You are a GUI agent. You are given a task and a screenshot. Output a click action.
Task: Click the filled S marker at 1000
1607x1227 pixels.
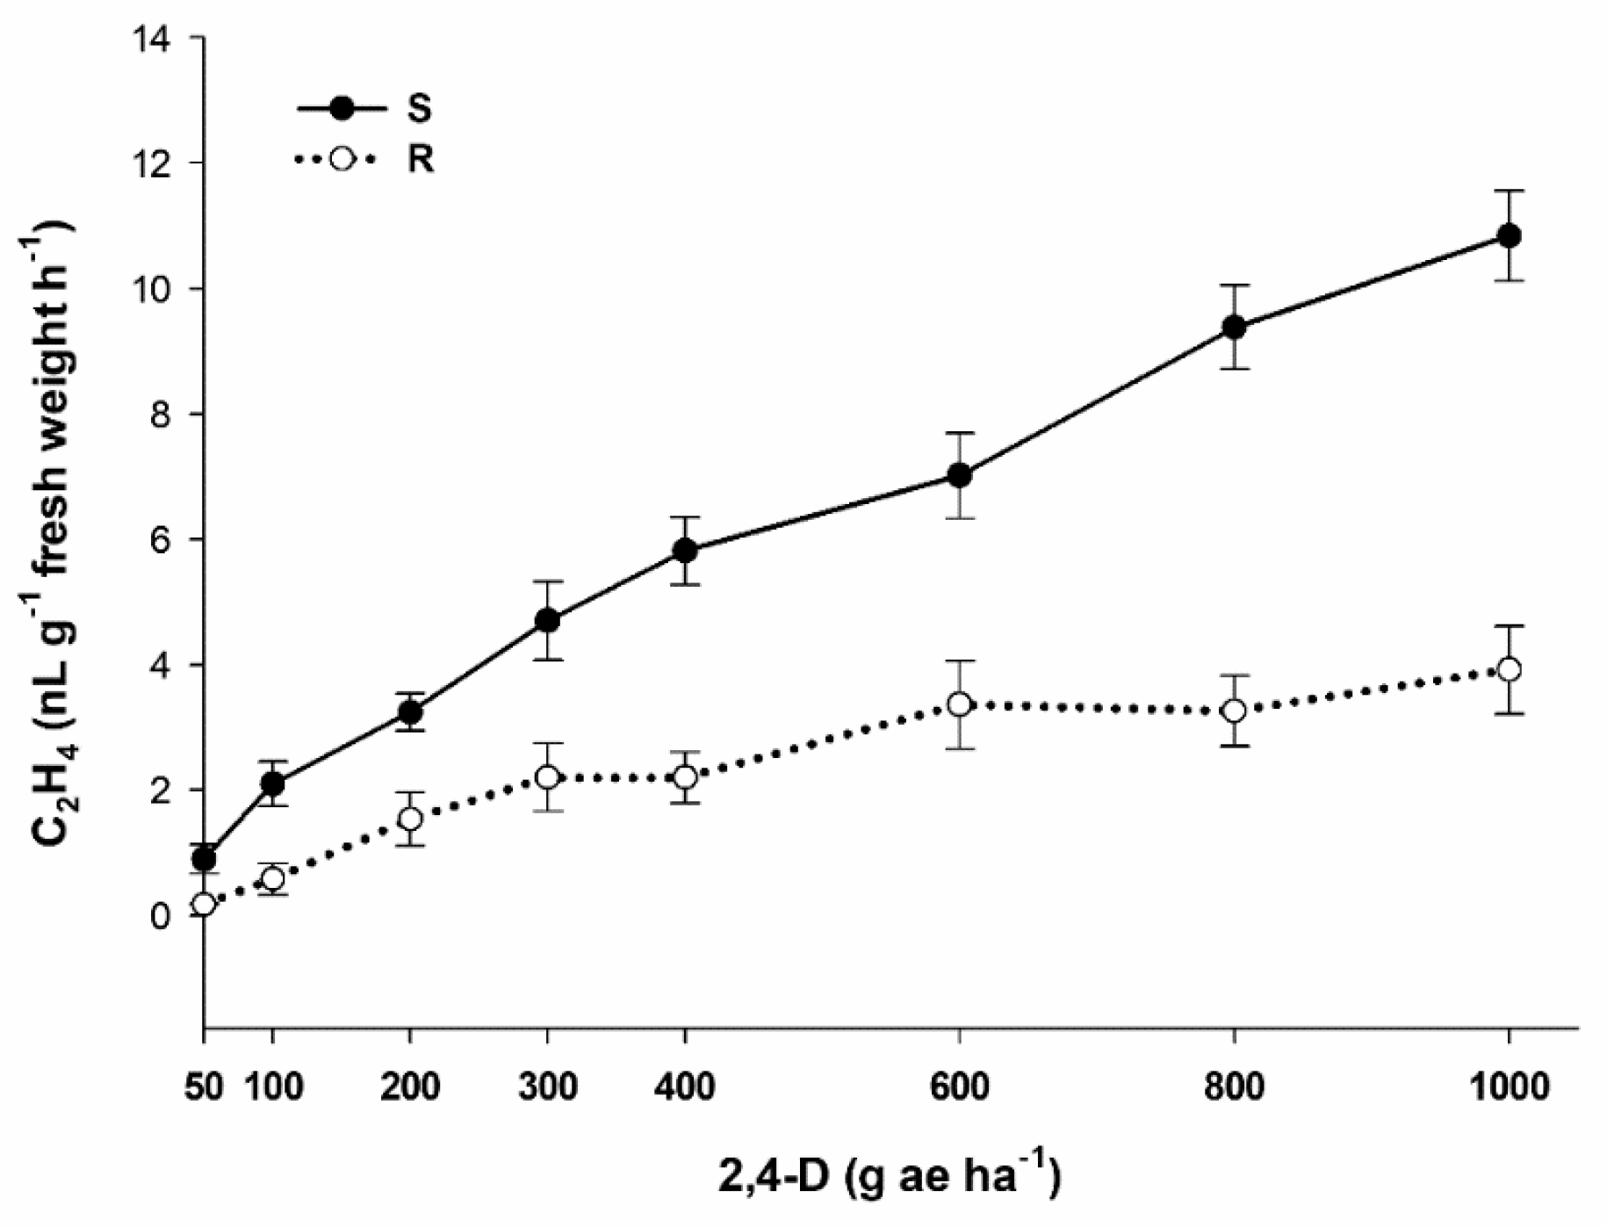[1509, 235]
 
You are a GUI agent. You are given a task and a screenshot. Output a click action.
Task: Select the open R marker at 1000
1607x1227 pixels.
[1509, 669]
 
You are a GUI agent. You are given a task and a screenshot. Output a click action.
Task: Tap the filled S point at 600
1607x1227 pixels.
[959, 475]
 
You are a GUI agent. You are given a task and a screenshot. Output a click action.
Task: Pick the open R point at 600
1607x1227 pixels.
[959, 704]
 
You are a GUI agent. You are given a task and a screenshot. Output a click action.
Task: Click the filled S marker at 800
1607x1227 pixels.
[1234, 327]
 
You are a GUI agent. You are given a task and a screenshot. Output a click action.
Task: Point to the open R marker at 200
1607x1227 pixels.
[410, 819]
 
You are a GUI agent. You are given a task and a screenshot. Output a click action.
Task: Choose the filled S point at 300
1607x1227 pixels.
[547, 620]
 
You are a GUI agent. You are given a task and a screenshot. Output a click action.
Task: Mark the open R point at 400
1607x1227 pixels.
[685, 776]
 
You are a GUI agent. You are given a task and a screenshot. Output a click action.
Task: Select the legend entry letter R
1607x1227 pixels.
[420, 160]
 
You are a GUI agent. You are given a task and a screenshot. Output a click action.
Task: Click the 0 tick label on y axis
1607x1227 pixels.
[160, 916]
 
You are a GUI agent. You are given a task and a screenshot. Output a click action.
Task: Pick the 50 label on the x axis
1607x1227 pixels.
[203, 1087]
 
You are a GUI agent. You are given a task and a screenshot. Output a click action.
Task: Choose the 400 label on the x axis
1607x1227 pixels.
[685, 1087]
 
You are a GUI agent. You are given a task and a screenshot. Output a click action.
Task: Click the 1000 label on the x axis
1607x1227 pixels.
[1509, 1087]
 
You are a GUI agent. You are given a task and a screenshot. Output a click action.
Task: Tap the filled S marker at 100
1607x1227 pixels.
[272, 783]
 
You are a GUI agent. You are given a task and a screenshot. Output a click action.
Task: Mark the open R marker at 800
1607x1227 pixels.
[1234, 710]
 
